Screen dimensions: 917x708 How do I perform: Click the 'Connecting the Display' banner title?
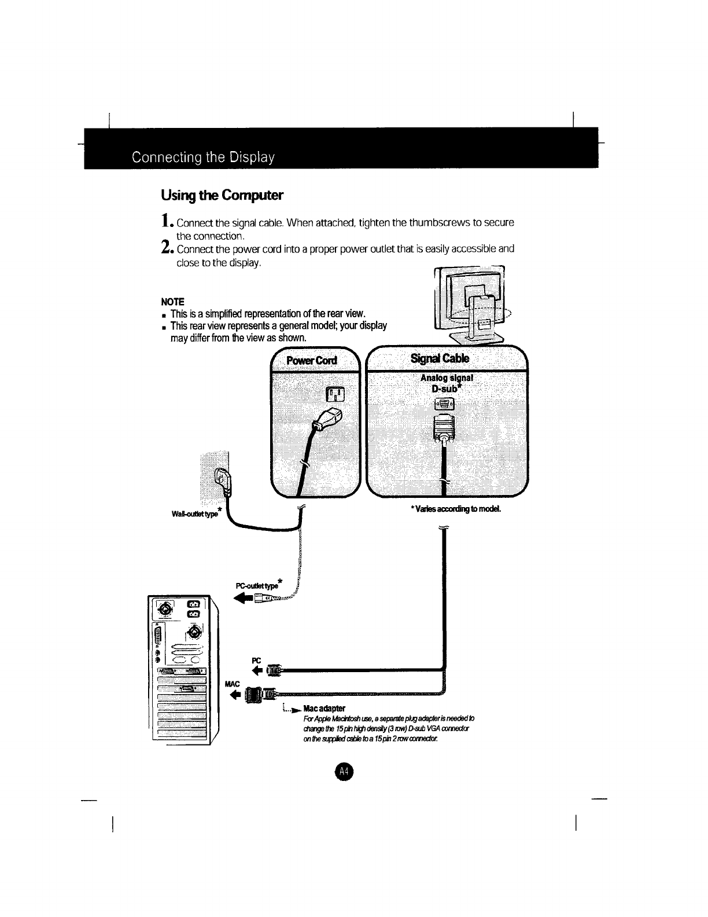tap(202, 157)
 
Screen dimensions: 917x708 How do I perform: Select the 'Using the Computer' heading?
tap(222, 195)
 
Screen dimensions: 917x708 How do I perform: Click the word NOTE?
tap(172, 302)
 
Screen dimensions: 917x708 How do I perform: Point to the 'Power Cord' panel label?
tap(312, 361)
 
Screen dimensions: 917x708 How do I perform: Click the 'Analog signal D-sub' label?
tap(447, 383)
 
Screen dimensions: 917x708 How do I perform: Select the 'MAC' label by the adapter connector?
tap(231, 684)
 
